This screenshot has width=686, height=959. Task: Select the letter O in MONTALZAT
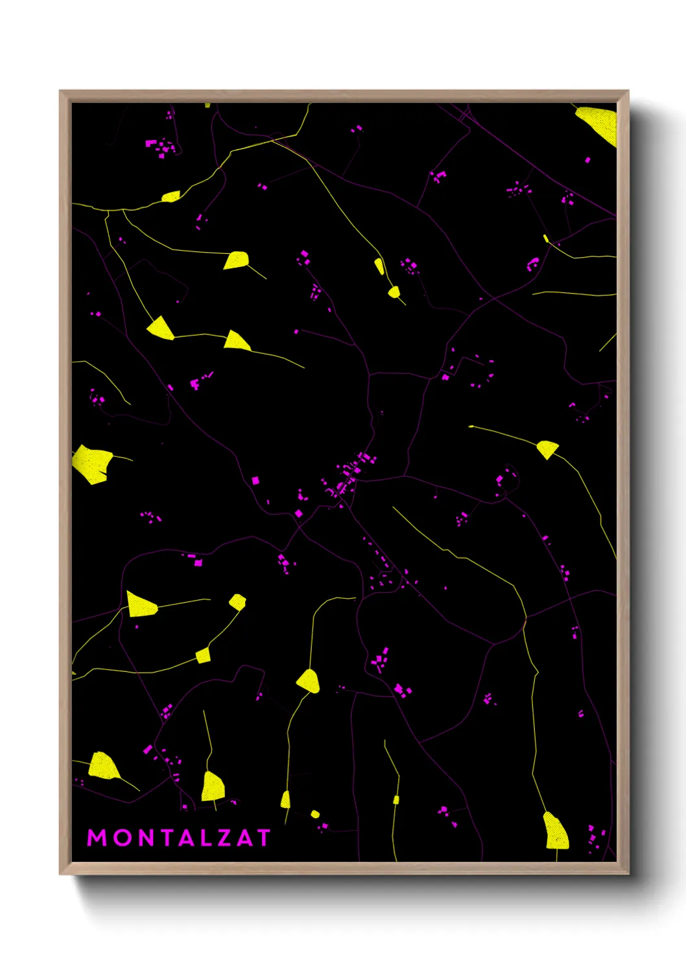click(121, 838)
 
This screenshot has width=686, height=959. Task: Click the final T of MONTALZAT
click(263, 838)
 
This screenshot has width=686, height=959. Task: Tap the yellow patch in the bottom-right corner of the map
click(556, 831)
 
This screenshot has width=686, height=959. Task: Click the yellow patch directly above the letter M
click(103, 765)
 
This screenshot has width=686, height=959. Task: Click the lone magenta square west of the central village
click(255, 480)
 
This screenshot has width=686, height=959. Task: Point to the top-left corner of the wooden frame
click(60, 91)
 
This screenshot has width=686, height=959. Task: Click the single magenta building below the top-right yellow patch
click(588, 159)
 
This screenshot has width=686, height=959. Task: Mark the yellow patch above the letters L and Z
click(213, 786)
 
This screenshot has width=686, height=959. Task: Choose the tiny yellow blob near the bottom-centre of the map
click(315, 814)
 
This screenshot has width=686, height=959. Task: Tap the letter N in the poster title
click(147, 838)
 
